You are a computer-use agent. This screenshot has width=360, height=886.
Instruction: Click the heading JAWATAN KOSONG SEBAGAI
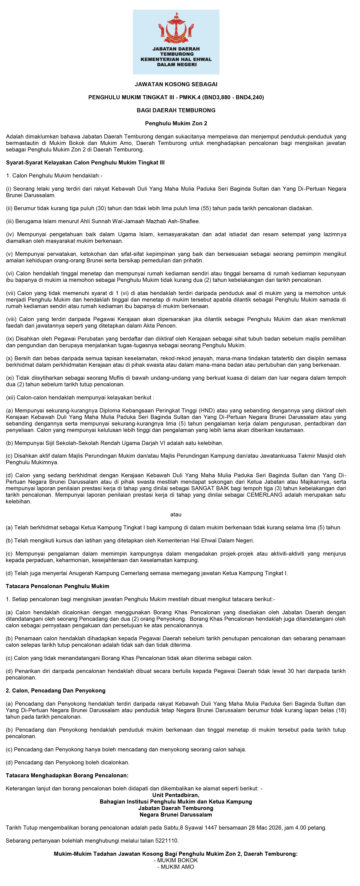tap(176, 84)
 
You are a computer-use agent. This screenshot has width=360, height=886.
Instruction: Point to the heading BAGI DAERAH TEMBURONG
tap(176, 110)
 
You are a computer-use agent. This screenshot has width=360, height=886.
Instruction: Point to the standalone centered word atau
tap(176, 515)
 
